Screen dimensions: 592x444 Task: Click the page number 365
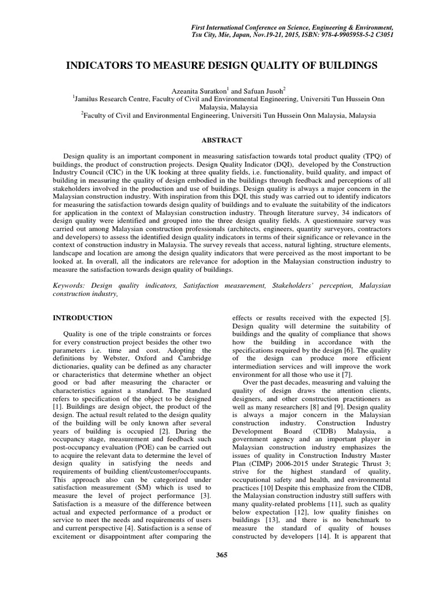pyautogui.click(x=221, y=556)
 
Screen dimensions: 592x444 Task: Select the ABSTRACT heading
pyautogui.click(x=221, y=140)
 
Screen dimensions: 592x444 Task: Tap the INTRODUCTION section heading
pyautogui.click(x=83, y=317)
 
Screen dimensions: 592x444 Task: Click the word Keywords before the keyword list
pyautogui.click(x=69, y=286)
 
